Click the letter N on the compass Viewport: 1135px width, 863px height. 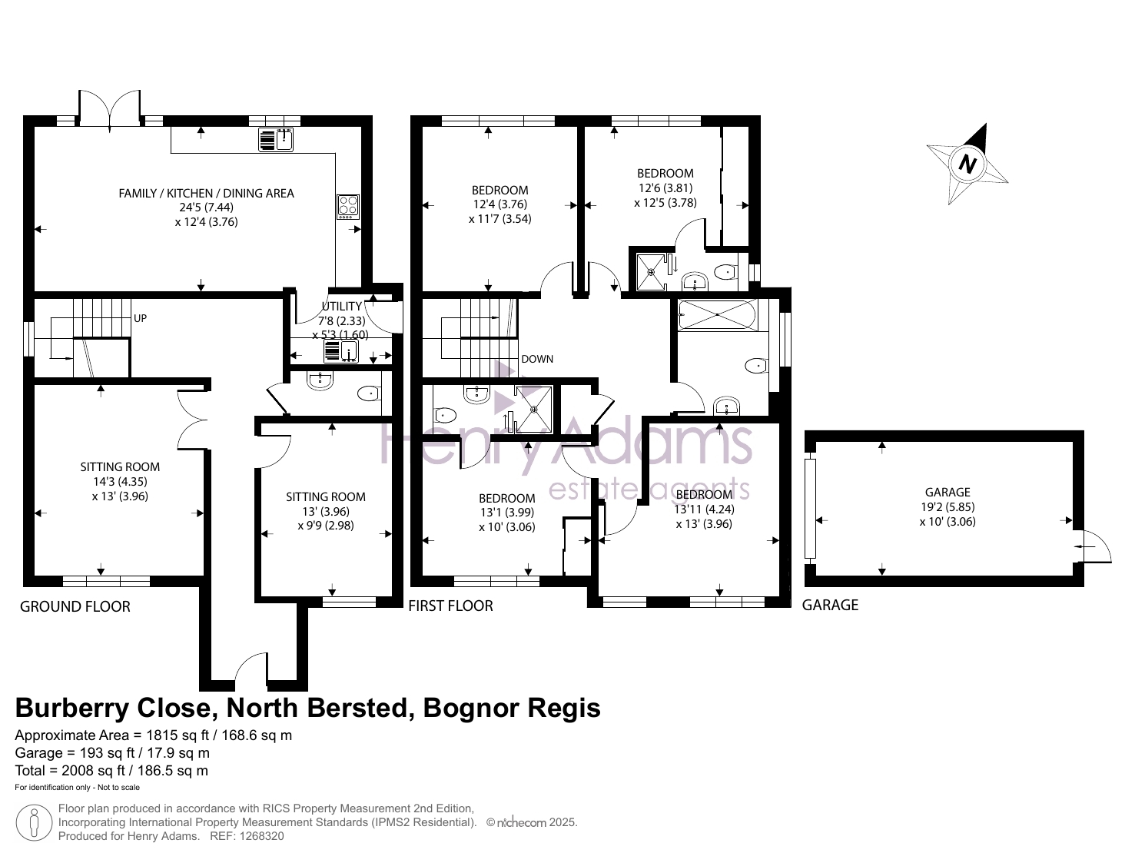(x=967, y=164)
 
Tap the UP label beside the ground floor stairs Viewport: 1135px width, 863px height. (x=140, y=318)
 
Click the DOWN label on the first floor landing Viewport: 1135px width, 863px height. (x=536, y=359)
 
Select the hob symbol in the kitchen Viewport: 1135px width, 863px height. (x=348, y=206)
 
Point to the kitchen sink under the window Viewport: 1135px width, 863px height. (x=276, y=140)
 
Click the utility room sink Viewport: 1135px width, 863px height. (x=340, y=351)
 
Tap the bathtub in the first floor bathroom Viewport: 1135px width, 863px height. (x=717, y=314)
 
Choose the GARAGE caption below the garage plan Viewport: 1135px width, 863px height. (x=830, y=605)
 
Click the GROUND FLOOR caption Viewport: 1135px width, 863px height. (x=75, y=606)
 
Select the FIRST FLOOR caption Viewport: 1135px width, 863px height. (x=450, y=606)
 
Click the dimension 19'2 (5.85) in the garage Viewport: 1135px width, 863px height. (x=947, y=506)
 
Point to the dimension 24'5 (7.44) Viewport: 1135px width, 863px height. (x=206, y=207)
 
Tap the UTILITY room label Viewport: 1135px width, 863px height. (x=341, y=306)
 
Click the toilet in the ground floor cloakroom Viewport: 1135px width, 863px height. (x=369, y=393)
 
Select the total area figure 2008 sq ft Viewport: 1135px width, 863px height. (x=93, y=771)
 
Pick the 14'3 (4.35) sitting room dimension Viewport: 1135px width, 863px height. (x=120, y=481)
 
